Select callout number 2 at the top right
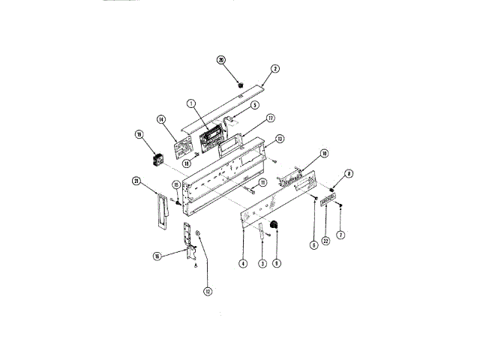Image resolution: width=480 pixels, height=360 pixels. tap(274, 68)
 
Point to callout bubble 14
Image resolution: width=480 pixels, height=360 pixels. tap(160, 119)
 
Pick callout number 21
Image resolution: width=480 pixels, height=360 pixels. tap(136, 179)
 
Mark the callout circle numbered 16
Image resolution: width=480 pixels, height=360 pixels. tap(157, 256)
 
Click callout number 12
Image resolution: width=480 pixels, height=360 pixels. tap(208, 291)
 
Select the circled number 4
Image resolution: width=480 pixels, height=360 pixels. tap(243, 263)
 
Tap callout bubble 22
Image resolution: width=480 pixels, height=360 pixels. tap(326, 240)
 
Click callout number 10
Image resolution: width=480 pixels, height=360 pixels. tap(324, 154)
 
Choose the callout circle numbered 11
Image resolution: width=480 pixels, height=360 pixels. tap(262, 182)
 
